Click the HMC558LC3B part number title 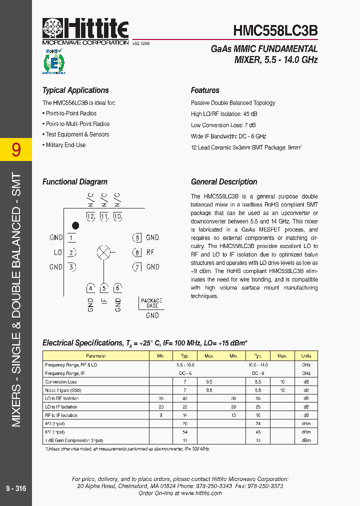pos(275,30)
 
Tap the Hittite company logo pos(85,29)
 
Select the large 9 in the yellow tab pos(16,149)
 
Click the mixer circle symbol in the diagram pos(103,252)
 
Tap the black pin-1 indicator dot pos(75,225)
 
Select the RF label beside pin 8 pos(150,252)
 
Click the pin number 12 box pos(90,216)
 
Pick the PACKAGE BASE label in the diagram pos(152,303)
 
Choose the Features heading pos(205,90)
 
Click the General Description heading pos(224,182)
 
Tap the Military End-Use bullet pos(65,145)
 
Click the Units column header pos(306,356)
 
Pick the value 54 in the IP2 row pos(185,432)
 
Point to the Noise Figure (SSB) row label pos(63,390)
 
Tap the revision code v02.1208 pos(141,44)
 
